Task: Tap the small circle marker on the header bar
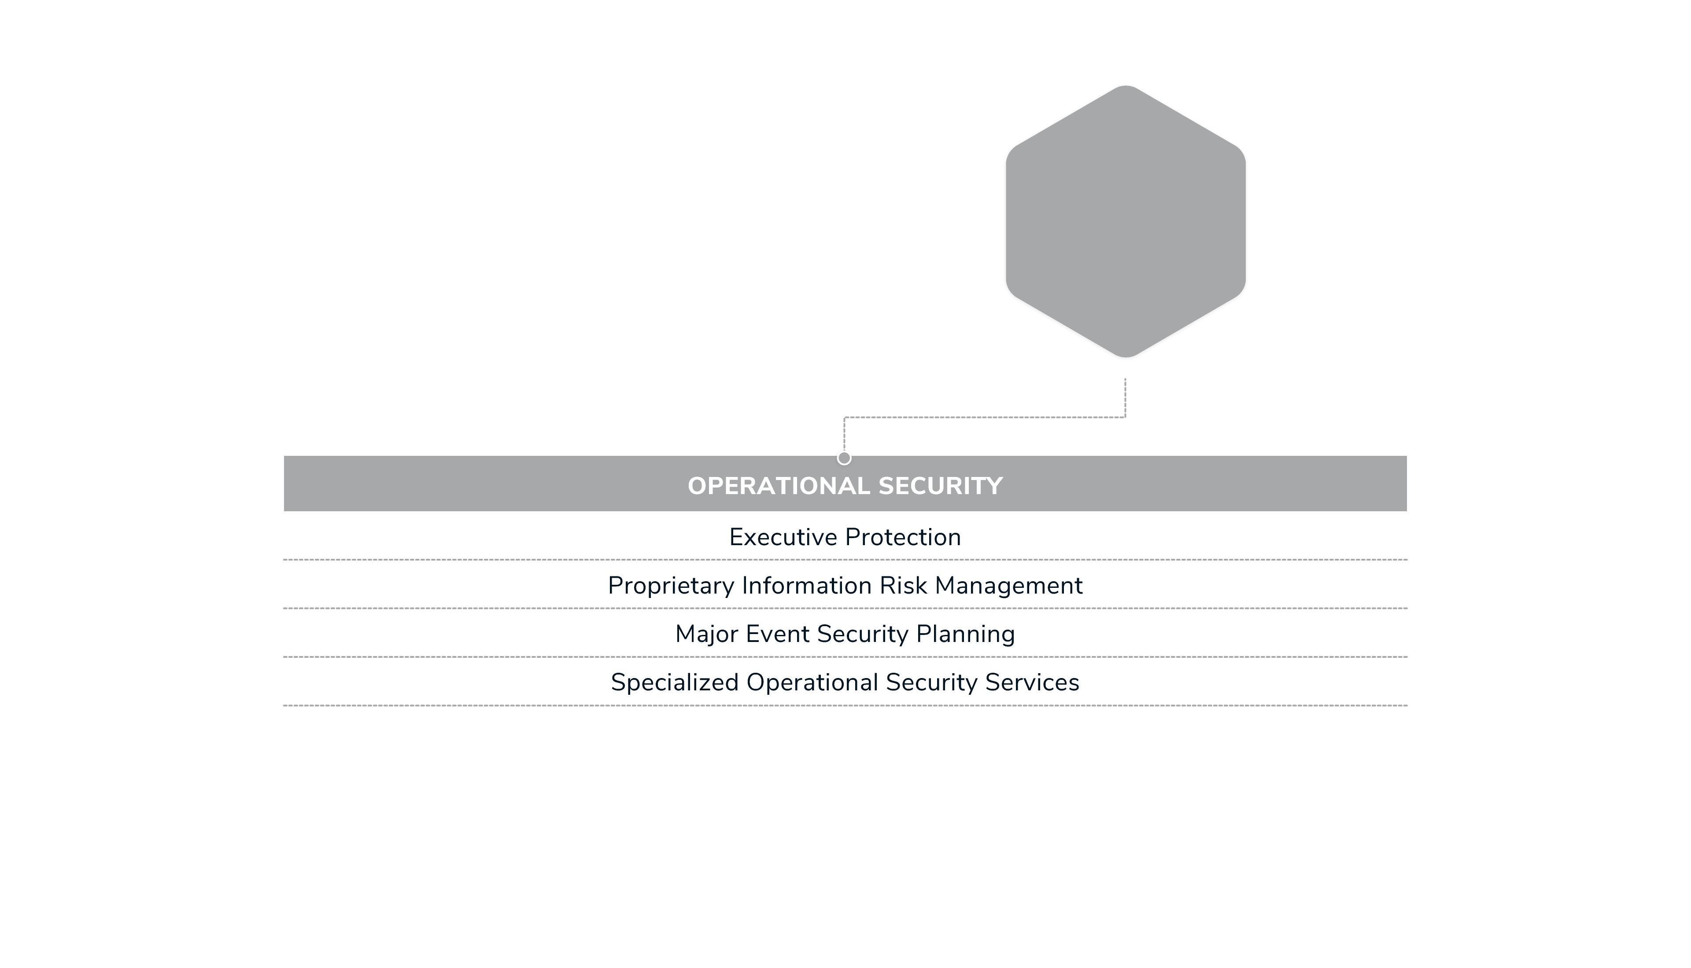pos(844,458)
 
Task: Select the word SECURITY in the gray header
pos(940,486)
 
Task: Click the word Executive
pos(783,537)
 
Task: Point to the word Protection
pos(903,537)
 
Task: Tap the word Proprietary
pos(671,586)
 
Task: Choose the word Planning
pos(965,634)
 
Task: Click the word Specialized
pos(675,683)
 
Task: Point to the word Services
pos(1032,683)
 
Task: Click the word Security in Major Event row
pos(862,634)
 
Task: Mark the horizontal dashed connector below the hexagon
pos(985,418)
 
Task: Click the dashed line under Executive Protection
pos(845,560)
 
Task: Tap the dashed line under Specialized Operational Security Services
pos(845,705)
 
